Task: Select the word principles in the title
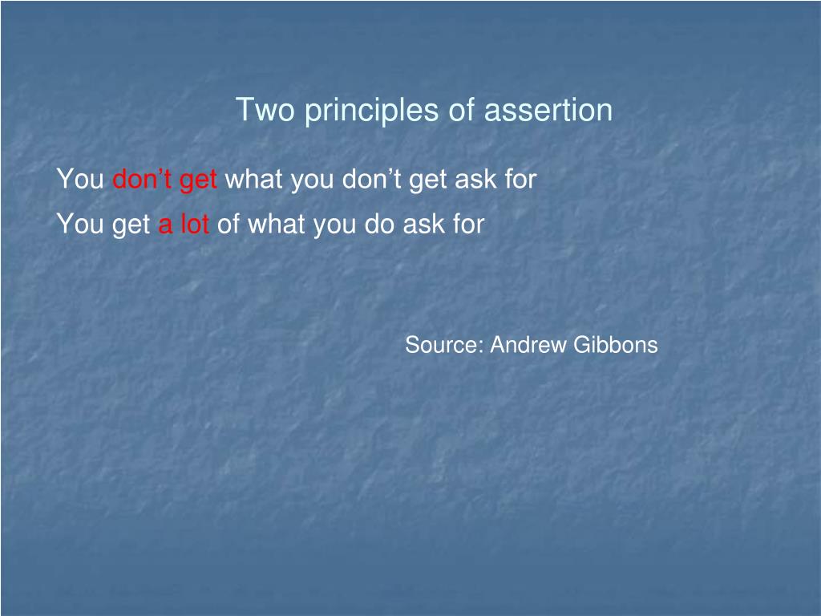372,110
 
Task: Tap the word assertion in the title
548,110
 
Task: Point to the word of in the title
462,110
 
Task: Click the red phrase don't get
164,180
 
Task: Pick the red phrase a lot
184,225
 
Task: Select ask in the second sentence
423,225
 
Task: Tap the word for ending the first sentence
520,180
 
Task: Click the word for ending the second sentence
468,225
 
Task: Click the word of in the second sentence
229,225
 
